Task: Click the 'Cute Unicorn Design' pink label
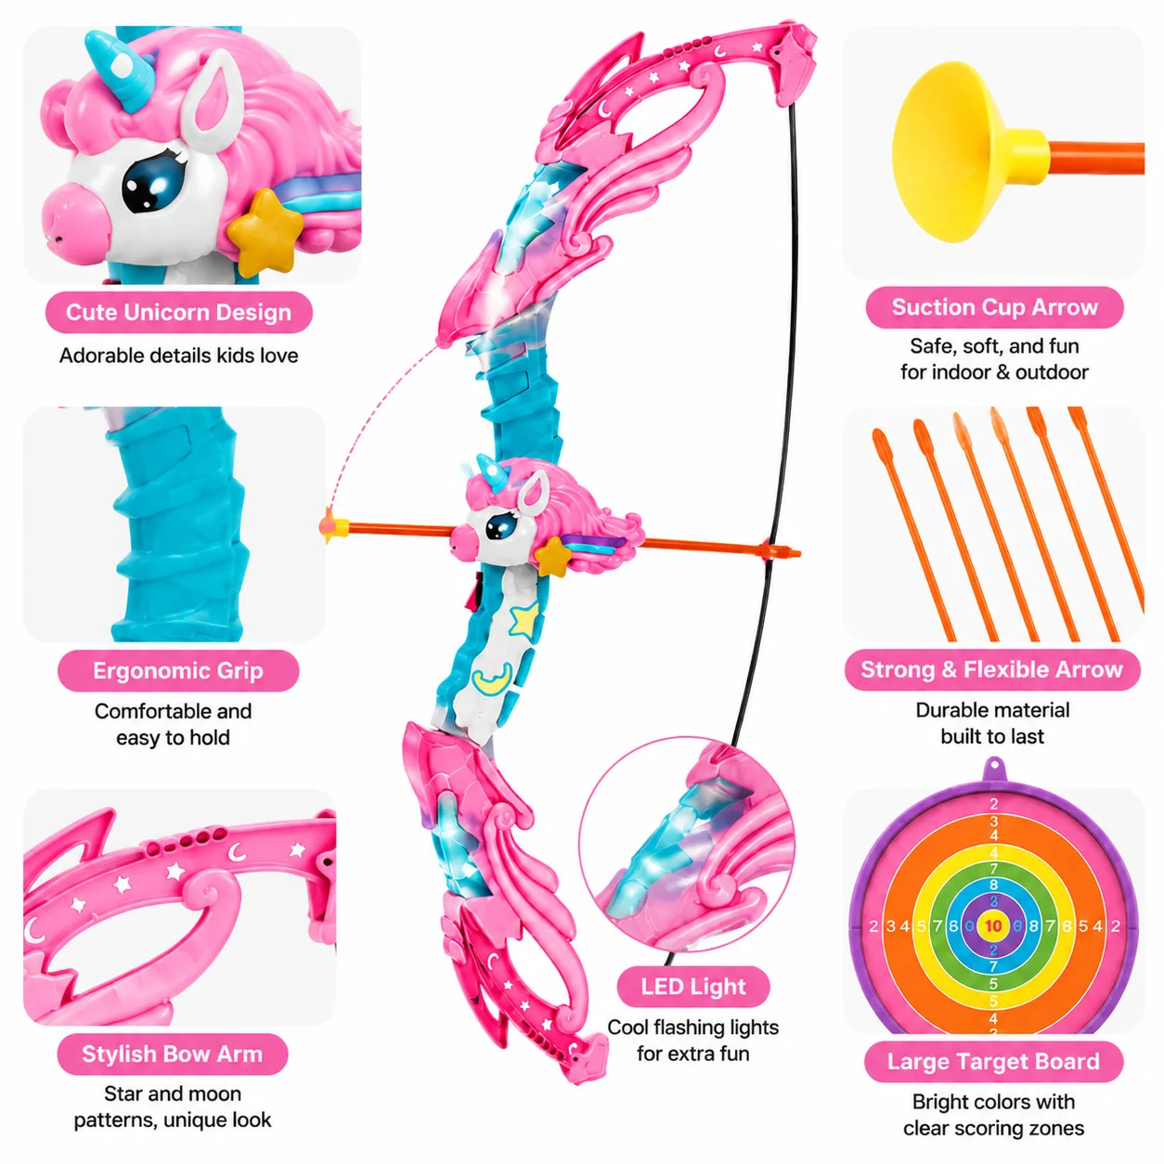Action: pos(179,312)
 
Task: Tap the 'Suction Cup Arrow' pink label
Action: pos(993,307)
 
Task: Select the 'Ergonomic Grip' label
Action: pos(178,670)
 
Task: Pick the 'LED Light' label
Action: pos(692,987)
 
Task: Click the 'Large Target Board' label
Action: pos(993,1061)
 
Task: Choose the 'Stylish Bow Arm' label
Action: pos(172,1054)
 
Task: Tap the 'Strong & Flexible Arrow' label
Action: pos(992,669)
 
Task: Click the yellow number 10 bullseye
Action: pos(993,926)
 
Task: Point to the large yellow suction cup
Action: pos(961,152)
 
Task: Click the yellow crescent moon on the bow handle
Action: pos(492,678)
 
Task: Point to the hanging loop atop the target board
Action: pos(993,770)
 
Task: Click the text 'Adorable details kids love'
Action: pos(179,356)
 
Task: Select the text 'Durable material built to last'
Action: pos(992,723)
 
